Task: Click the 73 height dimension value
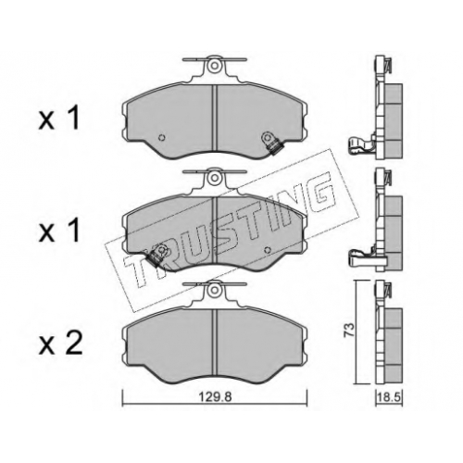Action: pyautogui.click(x=348, y=331)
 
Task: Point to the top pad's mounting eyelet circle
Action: pyautogui.click(x=214, y=66)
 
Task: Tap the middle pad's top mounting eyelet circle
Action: pyautogui.click(x=214, y=178)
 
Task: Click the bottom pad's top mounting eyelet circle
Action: pyautogui.click(x=214, y=290)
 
